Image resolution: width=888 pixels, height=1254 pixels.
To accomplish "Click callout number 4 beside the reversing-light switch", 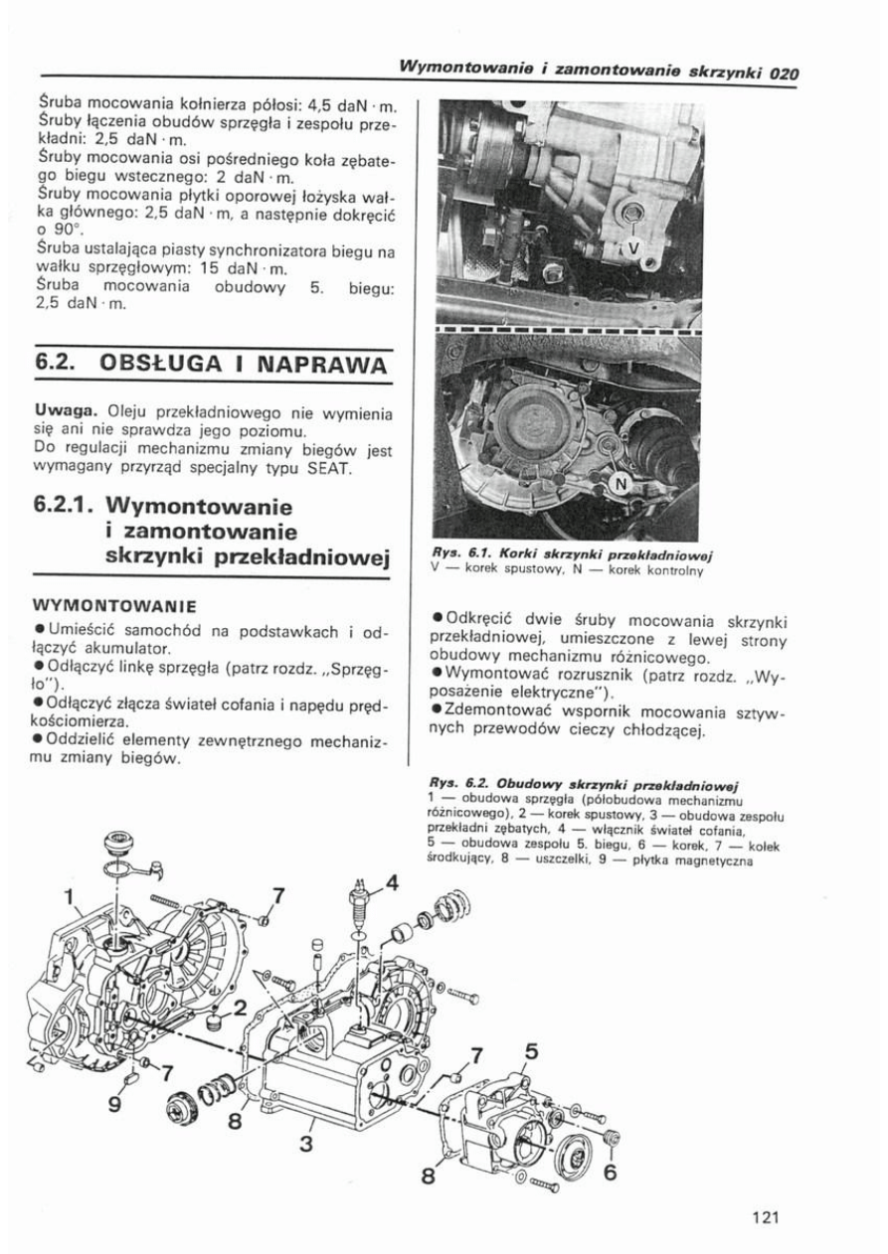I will pyautogui.click(x=393, y=881).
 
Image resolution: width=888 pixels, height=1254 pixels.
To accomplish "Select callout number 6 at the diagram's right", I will pyautogui.click(x=611, y=1171).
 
